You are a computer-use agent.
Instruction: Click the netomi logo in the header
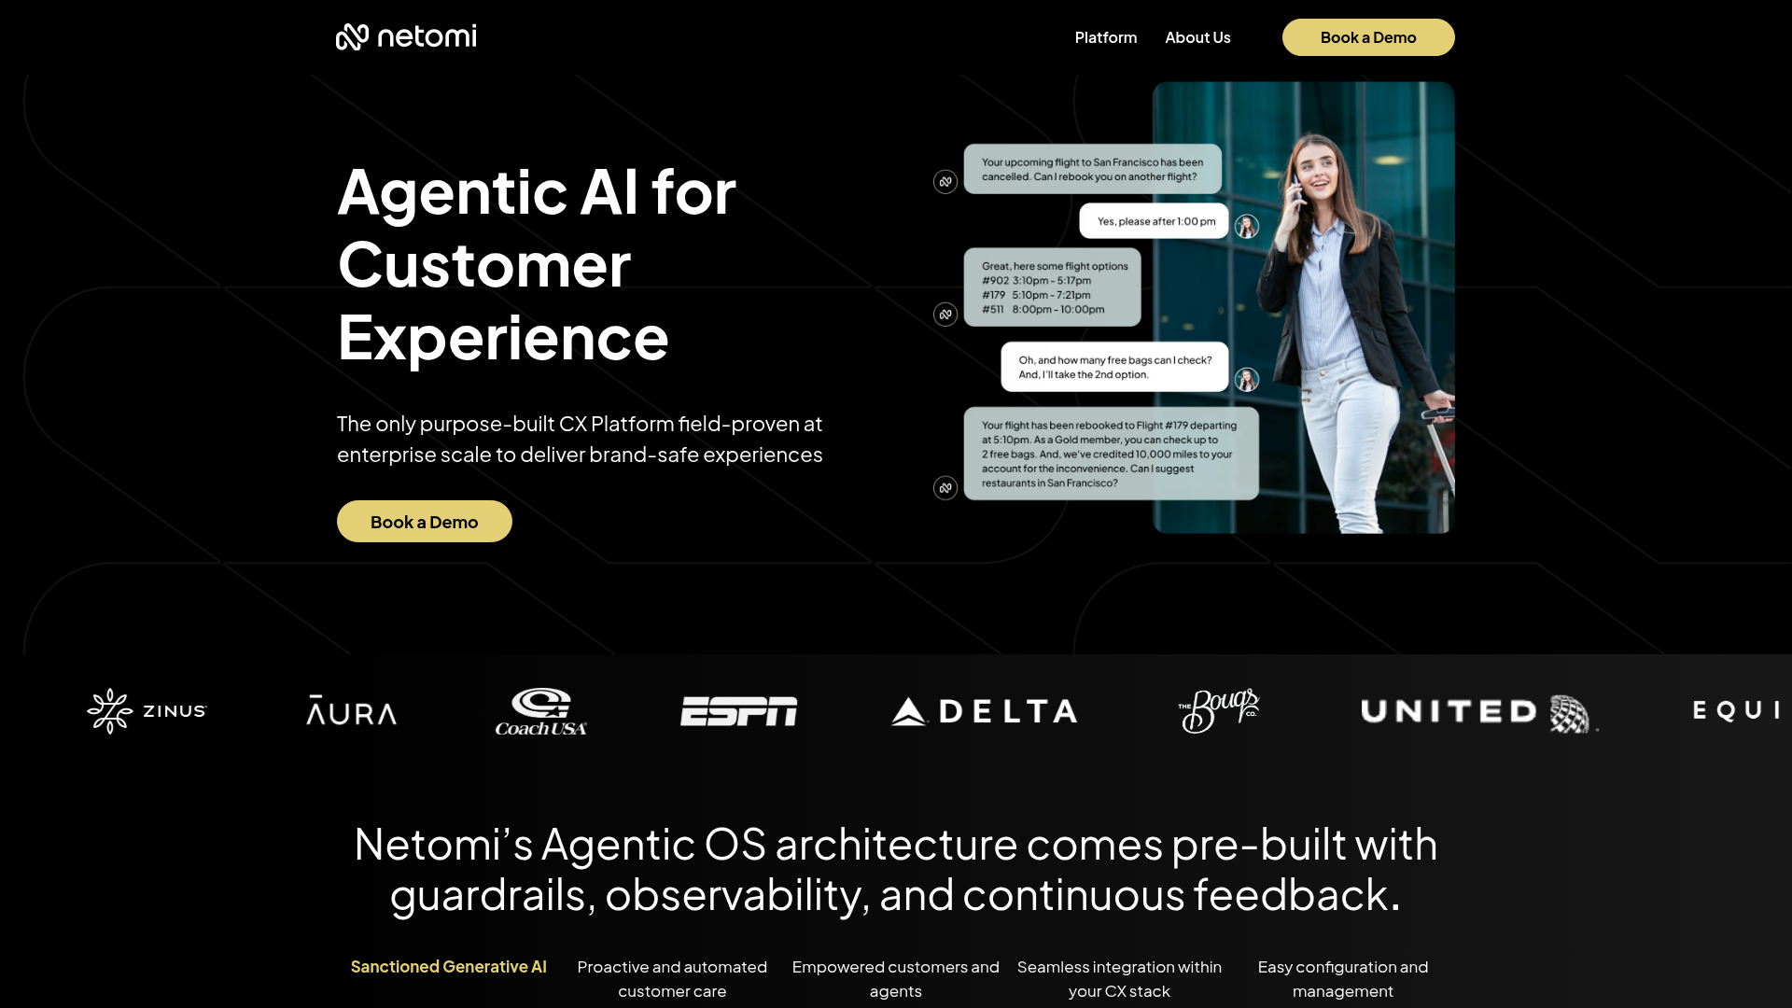pyautogui.click(x=406, y=37)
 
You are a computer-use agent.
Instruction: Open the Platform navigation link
pyautogui.click(x=1105, y=37)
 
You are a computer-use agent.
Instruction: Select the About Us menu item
pyautogui.click(x=1197, y=37)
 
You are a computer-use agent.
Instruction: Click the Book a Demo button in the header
pyautogui.click(x=1367, y=37)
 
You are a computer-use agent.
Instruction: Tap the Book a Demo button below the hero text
pyautogui.click(x=424, y=522)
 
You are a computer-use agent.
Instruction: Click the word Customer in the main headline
pyautogui.click(x=483, y=265)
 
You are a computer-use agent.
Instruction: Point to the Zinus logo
pyautogui.click(x=147, y=711)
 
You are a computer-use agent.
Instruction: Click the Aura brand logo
pyautogui.click(x=352, y=711)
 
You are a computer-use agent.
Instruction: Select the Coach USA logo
pyautogui.click(x=541, y=712)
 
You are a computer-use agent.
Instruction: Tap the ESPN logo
pyautogui.click(x=738, y=711)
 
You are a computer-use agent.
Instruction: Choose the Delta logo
pyautogui.click(x=985, y=711)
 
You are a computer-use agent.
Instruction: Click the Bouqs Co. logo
pyautogui.click(x=1219, y=710)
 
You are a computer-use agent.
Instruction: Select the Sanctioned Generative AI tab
pyautogui.click(x=448, y=967)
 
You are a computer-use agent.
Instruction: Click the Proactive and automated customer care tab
pyautogui.click(x=672, y=979)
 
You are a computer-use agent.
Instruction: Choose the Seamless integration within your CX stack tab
pyautogui.click(x=1119, y=979)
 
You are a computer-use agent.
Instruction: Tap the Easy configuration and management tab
pyautogui.click(x=1342, y=979)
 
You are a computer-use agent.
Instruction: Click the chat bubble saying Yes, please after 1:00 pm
pyautogui.click(x=1155, y=221)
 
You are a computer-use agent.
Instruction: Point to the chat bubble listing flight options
pyautogui.click(x=1052, y=287)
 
